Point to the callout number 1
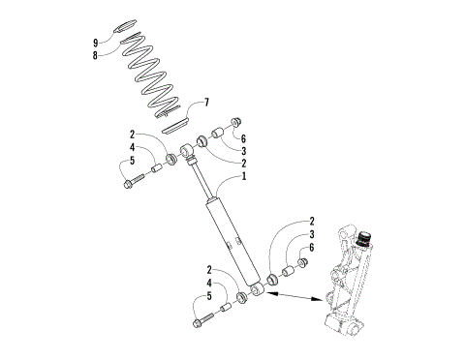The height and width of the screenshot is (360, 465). coord(244,177)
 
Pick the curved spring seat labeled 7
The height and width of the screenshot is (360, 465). coord(175,123)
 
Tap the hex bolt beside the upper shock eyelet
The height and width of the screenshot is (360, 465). coord(131,181)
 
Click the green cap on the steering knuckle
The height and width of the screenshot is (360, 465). coord(365,237)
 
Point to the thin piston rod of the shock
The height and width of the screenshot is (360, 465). coord(200,180)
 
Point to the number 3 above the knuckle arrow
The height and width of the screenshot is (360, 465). coord(313,234)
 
